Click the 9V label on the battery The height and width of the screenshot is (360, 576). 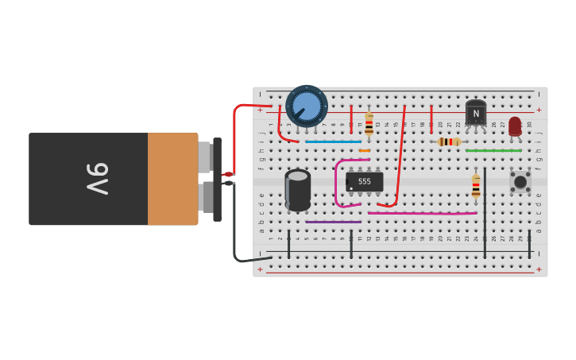[x=98, y=179]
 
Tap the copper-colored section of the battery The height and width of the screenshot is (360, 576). [x=172, y=179]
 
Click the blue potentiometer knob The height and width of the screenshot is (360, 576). [x=307, y=106]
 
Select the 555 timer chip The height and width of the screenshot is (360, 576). [x=365, y=182]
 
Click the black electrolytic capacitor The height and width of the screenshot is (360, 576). [x=298, y=190]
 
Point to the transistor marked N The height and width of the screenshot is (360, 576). [x=475, y=114]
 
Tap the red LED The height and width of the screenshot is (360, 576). [x=515, y=126]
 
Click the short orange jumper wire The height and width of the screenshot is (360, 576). [x=364, y=150]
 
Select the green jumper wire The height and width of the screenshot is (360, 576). [x=493, y=150]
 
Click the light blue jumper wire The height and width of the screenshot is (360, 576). [x=333, y=141]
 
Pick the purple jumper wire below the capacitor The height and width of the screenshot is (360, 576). [x=333, y=222]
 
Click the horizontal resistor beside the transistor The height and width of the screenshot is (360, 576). [x=449, y=141]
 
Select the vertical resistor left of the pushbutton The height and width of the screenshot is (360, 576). [x=476, y=186]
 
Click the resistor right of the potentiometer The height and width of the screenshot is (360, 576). [x=369, y=124]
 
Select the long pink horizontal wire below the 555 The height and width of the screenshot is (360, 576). [x=422, y=213]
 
